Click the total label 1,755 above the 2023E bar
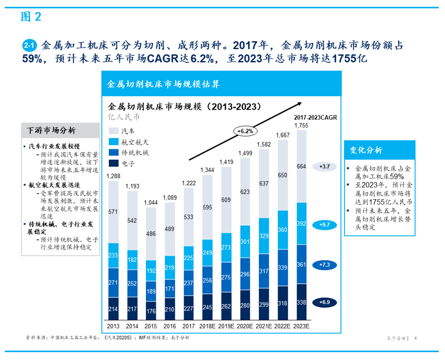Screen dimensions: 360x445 (301, 125)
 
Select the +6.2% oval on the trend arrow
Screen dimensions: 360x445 (244, 131)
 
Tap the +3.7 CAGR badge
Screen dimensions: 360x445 (323, 167)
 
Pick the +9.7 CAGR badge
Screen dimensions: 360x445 (323, 225)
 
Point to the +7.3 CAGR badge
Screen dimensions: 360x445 (323, 265)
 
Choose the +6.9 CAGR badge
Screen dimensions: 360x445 (323, 302)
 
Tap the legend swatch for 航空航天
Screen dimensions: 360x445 (113, 142)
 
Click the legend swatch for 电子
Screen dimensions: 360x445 (113, 164)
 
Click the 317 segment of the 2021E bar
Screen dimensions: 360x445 (264, 271)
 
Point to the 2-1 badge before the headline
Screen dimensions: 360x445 (29, 45)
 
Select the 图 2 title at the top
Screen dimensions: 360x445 (31, 17)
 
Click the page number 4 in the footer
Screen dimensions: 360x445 (415, 338)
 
